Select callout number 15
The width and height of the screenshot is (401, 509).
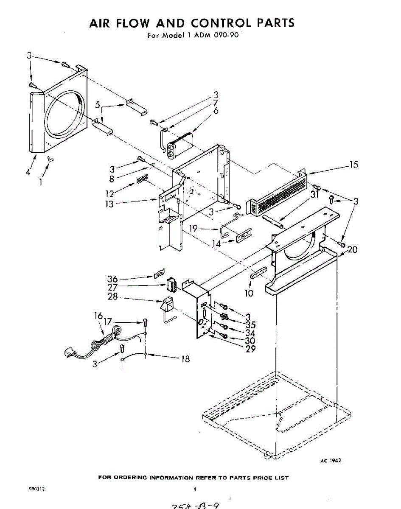354,165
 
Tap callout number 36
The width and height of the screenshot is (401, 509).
112,279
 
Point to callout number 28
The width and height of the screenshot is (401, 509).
112,297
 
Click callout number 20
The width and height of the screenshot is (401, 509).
352,250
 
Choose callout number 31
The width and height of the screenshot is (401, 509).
314,195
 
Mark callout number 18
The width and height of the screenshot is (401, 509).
185,359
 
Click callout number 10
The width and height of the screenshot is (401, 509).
249,293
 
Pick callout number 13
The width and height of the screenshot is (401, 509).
109,204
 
